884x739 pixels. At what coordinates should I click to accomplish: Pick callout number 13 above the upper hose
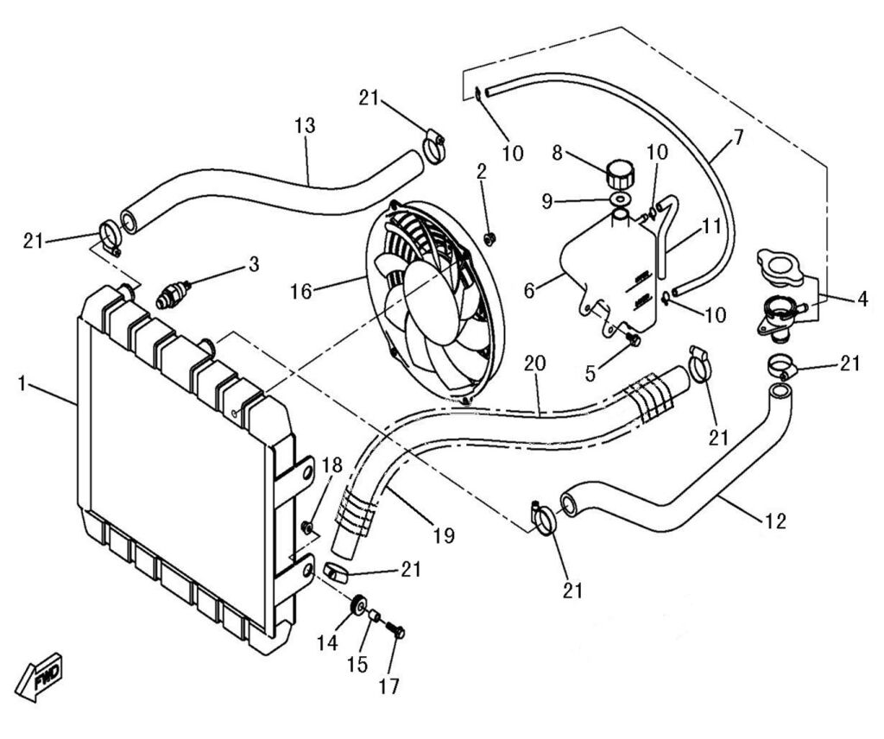[304, 125]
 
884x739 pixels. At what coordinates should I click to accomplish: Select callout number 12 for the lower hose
[776, 521]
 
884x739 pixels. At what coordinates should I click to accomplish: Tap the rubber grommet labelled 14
[356, 608]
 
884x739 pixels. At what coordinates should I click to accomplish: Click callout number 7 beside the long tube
[737, 137]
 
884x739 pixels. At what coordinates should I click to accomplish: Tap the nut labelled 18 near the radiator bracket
[306, 526]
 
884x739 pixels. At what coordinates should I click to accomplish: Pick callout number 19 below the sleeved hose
[443, 535]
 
